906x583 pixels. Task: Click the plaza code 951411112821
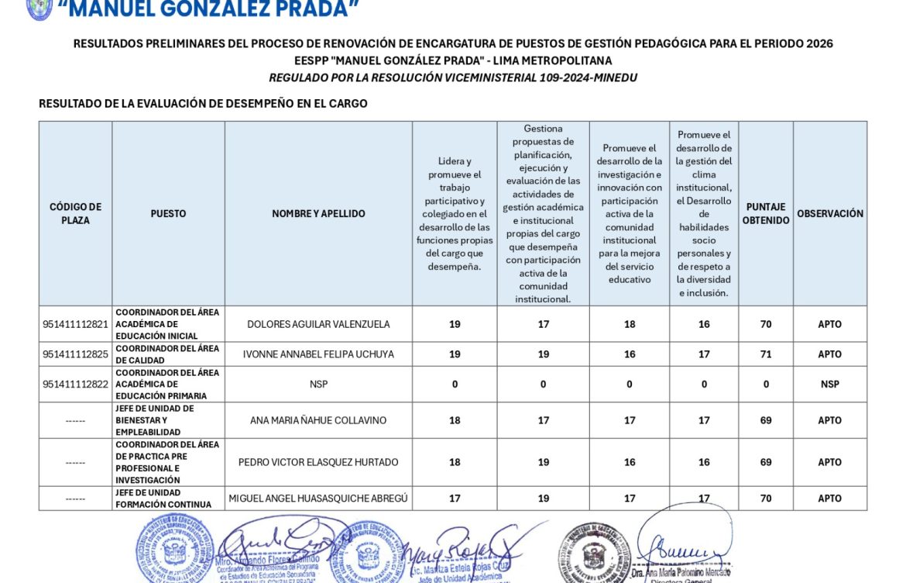pos(76,324)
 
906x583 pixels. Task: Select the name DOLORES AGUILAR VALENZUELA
pos(318,324)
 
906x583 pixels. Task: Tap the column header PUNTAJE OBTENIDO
pos(766,213)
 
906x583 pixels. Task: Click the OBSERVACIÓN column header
pos(830,213)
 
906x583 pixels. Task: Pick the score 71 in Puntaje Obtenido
pos(766,354)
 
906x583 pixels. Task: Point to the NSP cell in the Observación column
pos(830,385)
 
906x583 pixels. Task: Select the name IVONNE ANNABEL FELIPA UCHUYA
pos(318,354)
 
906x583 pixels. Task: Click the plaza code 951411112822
pos(76,385)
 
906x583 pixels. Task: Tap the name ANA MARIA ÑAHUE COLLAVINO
pos(318,420)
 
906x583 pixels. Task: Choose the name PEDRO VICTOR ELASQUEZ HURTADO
pos(318,462)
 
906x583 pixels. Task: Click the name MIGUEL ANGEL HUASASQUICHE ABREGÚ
pos(318,498)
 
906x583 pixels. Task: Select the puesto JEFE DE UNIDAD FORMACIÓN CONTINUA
pos(163,498)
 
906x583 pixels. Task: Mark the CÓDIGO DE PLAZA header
pos(76,213)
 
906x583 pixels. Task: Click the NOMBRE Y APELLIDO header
pos(318,213)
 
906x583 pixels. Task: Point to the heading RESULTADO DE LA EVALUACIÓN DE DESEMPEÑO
pos(203,103)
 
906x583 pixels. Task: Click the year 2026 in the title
pos(819,43)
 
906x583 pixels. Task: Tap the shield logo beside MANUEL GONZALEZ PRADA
pos(39,9)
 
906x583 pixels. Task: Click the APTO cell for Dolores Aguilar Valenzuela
pos(830,324)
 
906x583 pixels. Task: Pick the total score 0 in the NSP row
pos(766,385)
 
